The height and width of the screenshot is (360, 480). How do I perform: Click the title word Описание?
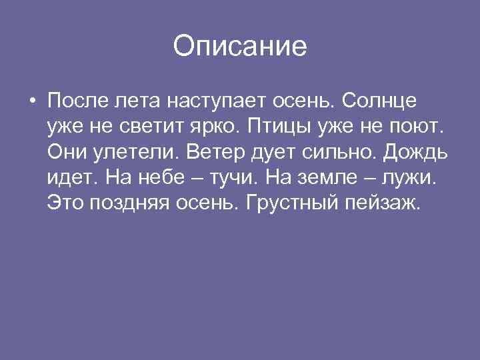pos(240,47)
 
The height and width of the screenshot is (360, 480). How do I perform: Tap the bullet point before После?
pos(32,103)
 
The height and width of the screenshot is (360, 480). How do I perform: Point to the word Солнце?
pos(381,102)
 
